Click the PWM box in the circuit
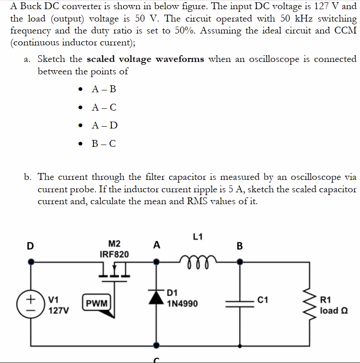tap(97, 303)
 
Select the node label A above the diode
tap(157, 246)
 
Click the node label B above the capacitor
tap(239, 246)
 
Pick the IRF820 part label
tap(114, 254)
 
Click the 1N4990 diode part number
tap(183, 303)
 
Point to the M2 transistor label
tap(114, 244)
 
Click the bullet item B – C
tap(104, 144)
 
